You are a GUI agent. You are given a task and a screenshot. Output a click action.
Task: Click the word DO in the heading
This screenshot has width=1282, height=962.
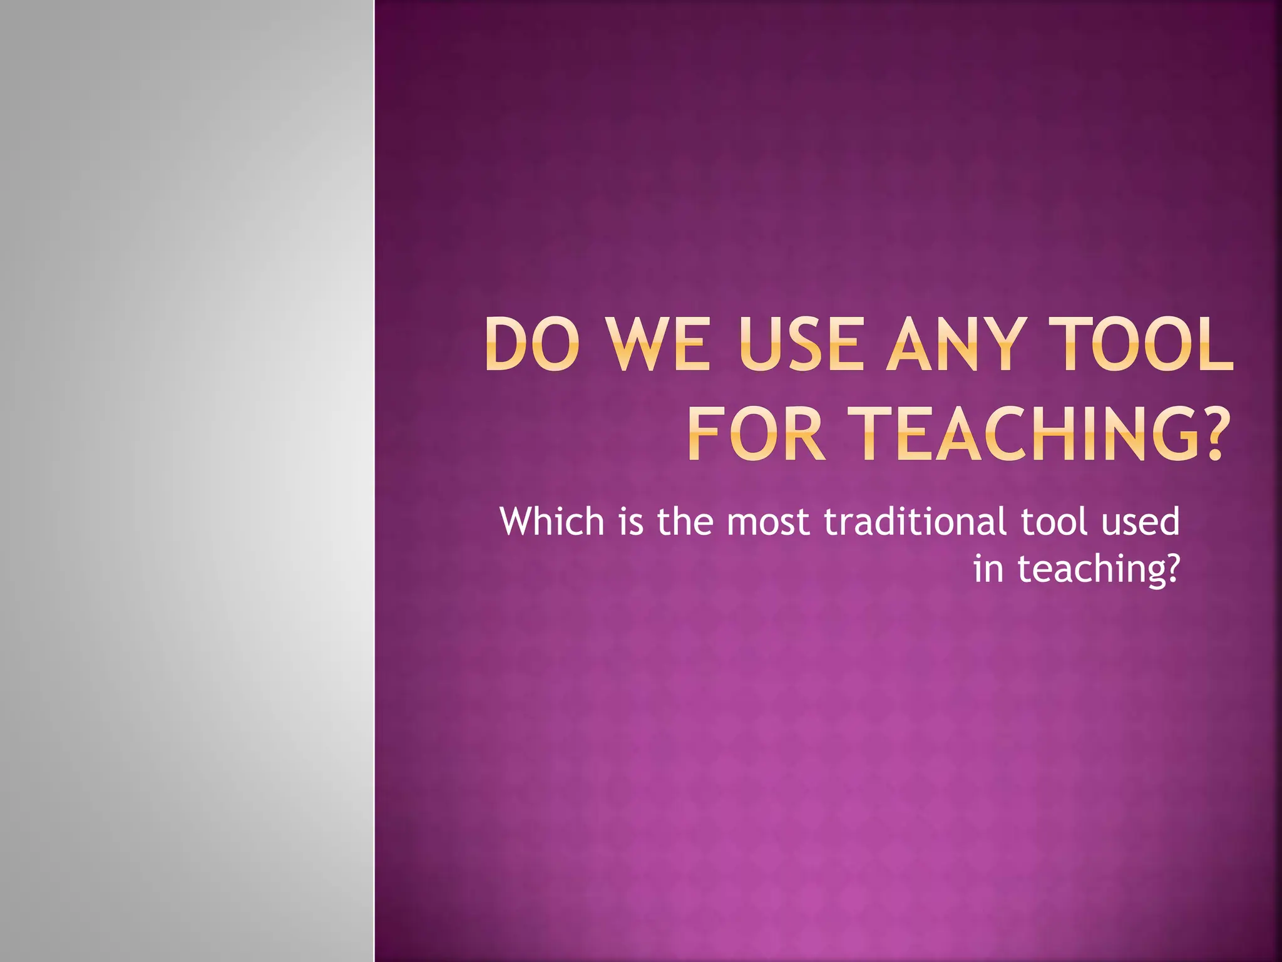(x=530, y=345)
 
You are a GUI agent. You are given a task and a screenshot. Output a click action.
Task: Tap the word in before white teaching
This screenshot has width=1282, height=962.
(x=988, y=569)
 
